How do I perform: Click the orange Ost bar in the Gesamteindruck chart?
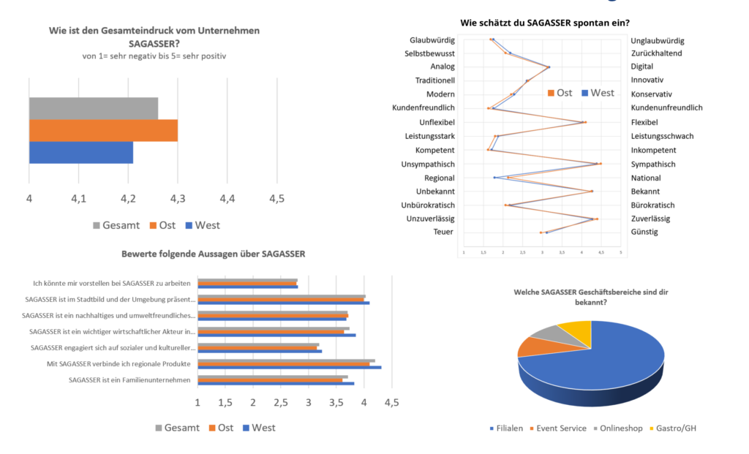click(x=102, y=130)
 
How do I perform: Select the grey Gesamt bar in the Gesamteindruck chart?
click(x=93, y=108)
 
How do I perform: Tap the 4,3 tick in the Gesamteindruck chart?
click(x=178, y=199)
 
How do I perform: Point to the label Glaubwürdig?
click(x=432, y=39)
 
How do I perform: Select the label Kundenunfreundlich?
click(x=666, y=108)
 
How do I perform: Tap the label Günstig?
click(x=644, y=232)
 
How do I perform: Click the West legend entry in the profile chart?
click(x=598, y=93)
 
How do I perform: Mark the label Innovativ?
click(x=647, y=80)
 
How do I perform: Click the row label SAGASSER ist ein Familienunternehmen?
click(x=129, y=379)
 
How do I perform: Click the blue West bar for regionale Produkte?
click(x=289, y=367)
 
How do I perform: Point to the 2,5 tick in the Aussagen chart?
click(x=281, y=402)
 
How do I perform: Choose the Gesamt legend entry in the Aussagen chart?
click(x=176, y=428)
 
